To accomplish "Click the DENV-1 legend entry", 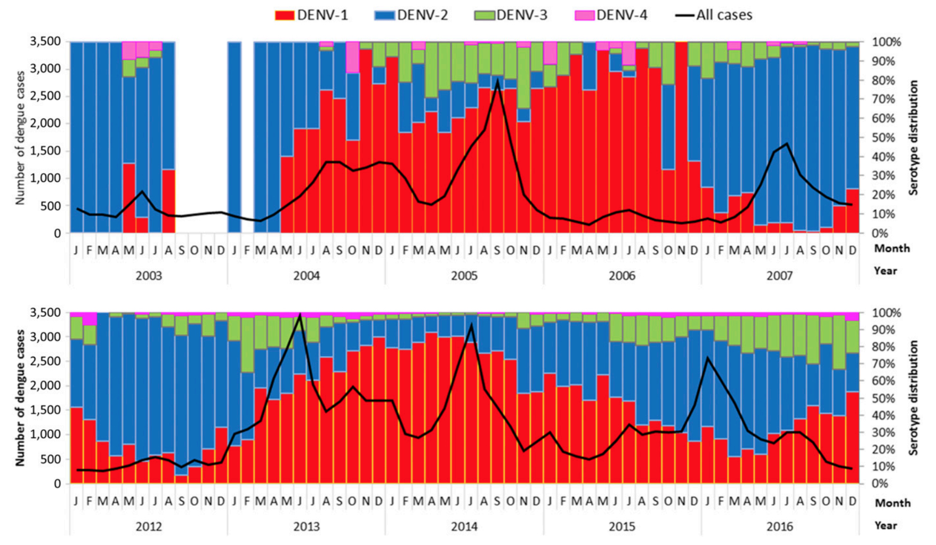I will [x=311, y=15].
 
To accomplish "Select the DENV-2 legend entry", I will [x=411, y=15].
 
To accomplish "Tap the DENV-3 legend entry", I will [x=511, y=15].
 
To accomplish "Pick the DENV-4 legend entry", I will [x=611, y=15].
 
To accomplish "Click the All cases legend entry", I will [x=714, y=15].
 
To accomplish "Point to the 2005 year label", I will [x=464, y=276].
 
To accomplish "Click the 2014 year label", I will [x=464, y=527].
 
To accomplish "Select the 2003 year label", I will [x=149, y=276].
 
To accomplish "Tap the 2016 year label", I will [x=780, y=527].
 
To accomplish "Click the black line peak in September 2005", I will [x=497, y=81].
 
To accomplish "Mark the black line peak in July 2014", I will [x=471, y=325].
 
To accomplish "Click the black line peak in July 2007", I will [x=787, y=143].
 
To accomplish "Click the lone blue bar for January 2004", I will [x=234, y=137].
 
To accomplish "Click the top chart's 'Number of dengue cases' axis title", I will [x=20, y=137].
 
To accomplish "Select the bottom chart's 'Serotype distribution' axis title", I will [x=914, y=398].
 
